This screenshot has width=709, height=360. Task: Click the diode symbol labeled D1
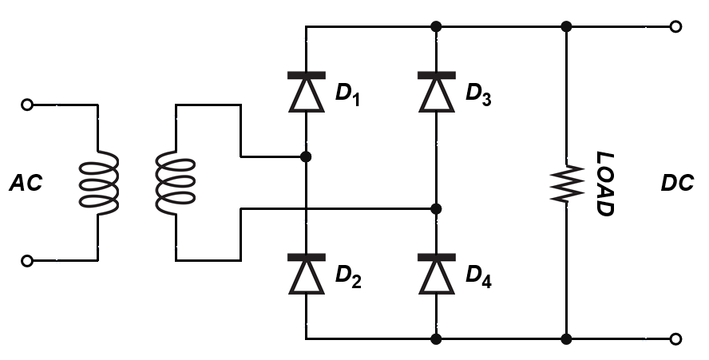coord(306,92)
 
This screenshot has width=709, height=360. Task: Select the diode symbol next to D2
coord(306,275)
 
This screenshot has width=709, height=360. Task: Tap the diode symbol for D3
coord(436,92)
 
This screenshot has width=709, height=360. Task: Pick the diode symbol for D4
coord(436,275)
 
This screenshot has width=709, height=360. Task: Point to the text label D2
coord(349,276)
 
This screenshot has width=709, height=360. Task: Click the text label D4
coord(479,276)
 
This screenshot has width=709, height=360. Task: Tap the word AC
coord(26,184)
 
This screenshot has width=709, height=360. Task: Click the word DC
coord(677,184)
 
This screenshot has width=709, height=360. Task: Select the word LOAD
coord(605,184)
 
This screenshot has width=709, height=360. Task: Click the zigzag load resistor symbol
coord(565,184)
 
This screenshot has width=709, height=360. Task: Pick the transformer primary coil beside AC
coord(98,182)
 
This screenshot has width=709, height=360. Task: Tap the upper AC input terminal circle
coord(27,105)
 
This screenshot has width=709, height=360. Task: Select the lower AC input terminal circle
coord(27,260)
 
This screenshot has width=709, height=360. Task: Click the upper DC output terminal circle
coord(676,26)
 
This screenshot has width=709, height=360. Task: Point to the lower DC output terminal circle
coord(676,339)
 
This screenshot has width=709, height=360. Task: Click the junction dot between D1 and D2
coord(306,156)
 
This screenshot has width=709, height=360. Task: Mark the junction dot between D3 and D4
coord(436,209)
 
